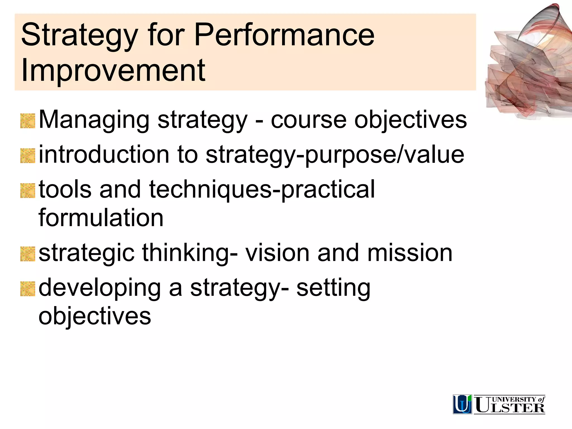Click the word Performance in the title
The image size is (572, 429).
(284, 35)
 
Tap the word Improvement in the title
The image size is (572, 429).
(113, 70)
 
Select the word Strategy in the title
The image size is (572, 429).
(79, 35)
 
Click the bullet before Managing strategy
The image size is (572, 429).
(28, 121)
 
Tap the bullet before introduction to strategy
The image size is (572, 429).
(28, 156)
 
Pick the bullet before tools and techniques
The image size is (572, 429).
(28, 191)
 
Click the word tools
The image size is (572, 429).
(65, 189)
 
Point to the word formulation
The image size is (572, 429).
(101, 218)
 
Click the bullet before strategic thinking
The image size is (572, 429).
(28, 254)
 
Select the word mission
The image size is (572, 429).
(409, 253)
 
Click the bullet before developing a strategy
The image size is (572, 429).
(28, 289)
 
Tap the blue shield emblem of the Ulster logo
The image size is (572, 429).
(462, 404)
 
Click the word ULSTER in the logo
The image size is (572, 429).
(510, 407)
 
